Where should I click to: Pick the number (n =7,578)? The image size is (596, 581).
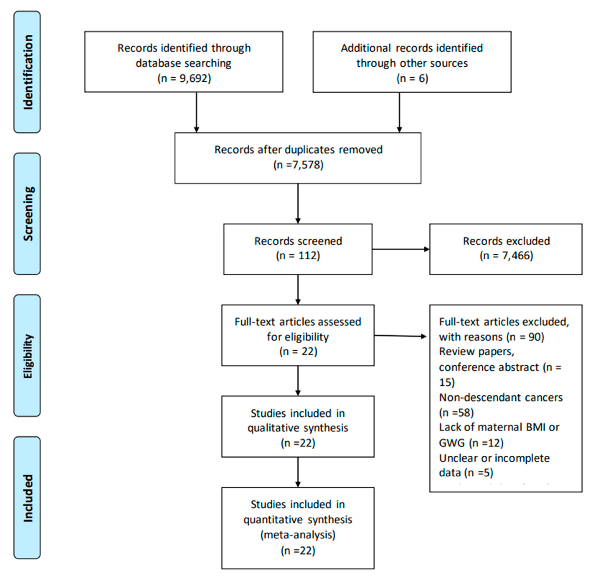298,165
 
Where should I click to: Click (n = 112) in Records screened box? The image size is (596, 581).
298,255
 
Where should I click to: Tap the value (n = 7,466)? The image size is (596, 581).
506,255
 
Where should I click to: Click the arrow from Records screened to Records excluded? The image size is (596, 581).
401,249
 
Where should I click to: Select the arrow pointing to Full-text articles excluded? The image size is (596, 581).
400,336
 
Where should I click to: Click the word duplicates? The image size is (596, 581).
310,150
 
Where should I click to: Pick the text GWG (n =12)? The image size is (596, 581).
471,443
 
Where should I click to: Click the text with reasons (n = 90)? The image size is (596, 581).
491,337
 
